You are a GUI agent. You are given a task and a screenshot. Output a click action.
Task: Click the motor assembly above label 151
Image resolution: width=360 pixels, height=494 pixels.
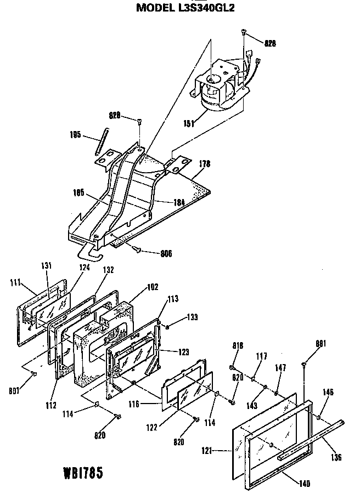[220, 82]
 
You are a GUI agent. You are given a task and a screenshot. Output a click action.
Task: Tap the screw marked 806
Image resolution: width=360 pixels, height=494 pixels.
[137, 250]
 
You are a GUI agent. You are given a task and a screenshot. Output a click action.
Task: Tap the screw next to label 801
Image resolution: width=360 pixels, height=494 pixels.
[34, 374]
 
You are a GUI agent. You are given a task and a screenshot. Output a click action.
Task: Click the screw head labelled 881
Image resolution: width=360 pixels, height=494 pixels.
[303, 364]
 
